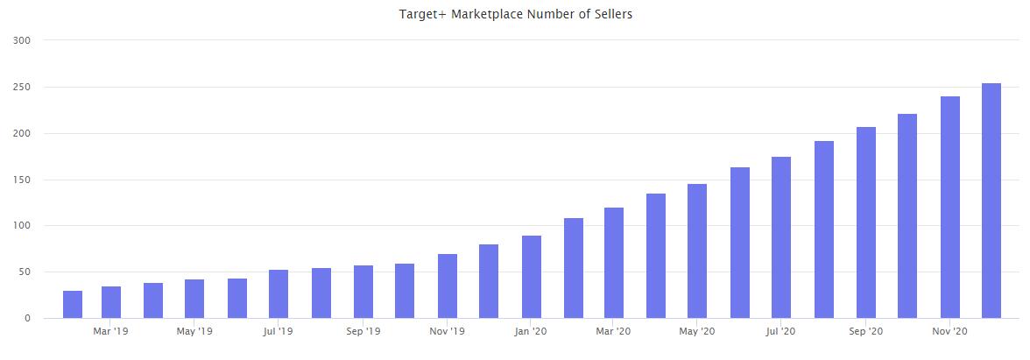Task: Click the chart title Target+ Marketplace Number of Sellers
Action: pos(515,14)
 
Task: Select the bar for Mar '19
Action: pos(111,302)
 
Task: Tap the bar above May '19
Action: pos(194,299)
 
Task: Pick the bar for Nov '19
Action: pos(447,286)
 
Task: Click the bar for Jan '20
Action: pos(531,277)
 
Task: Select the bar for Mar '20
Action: pos(615,263)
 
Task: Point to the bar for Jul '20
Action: pos(781,237)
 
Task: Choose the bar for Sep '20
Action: pos(865,222)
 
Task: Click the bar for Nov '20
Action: pos(949,208)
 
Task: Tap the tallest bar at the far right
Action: pos(991,201)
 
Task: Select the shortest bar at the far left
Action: pos(73,305)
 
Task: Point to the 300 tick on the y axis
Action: pos(24,40)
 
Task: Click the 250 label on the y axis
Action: pos(24,88)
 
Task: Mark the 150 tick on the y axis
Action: pos(24,180)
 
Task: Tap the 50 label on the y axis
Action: pos(26,272)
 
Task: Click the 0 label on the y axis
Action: pos(29,319)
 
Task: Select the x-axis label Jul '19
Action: pos(278,332)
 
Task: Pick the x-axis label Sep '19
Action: pos(362,332)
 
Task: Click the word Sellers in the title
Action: pos(611,14)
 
